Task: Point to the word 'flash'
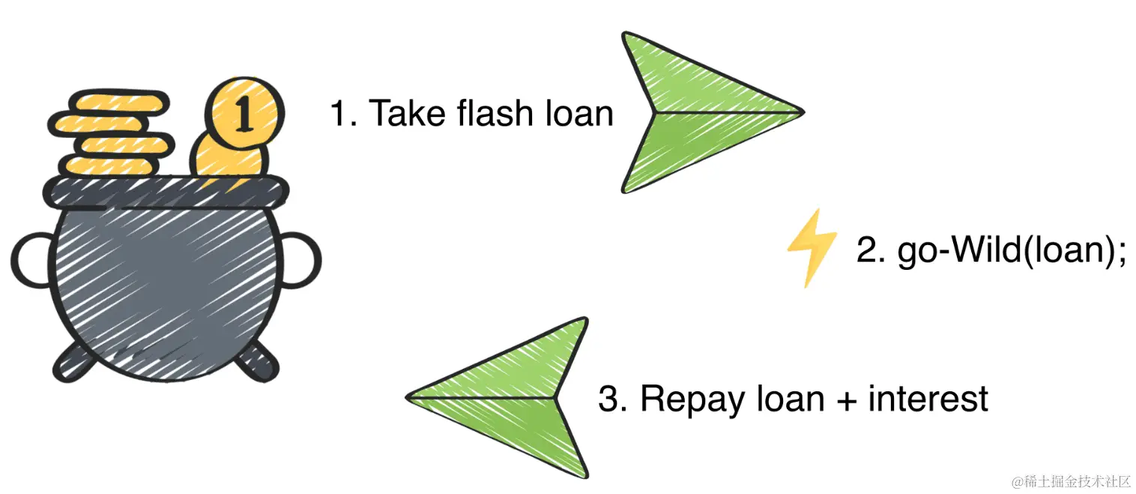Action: (492, 114)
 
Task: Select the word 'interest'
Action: (928, 398)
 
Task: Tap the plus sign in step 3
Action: (844, 400)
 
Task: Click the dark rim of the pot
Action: (165, 192)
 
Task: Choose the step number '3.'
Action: (614, 398)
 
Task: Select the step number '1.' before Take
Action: (344, 114)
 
